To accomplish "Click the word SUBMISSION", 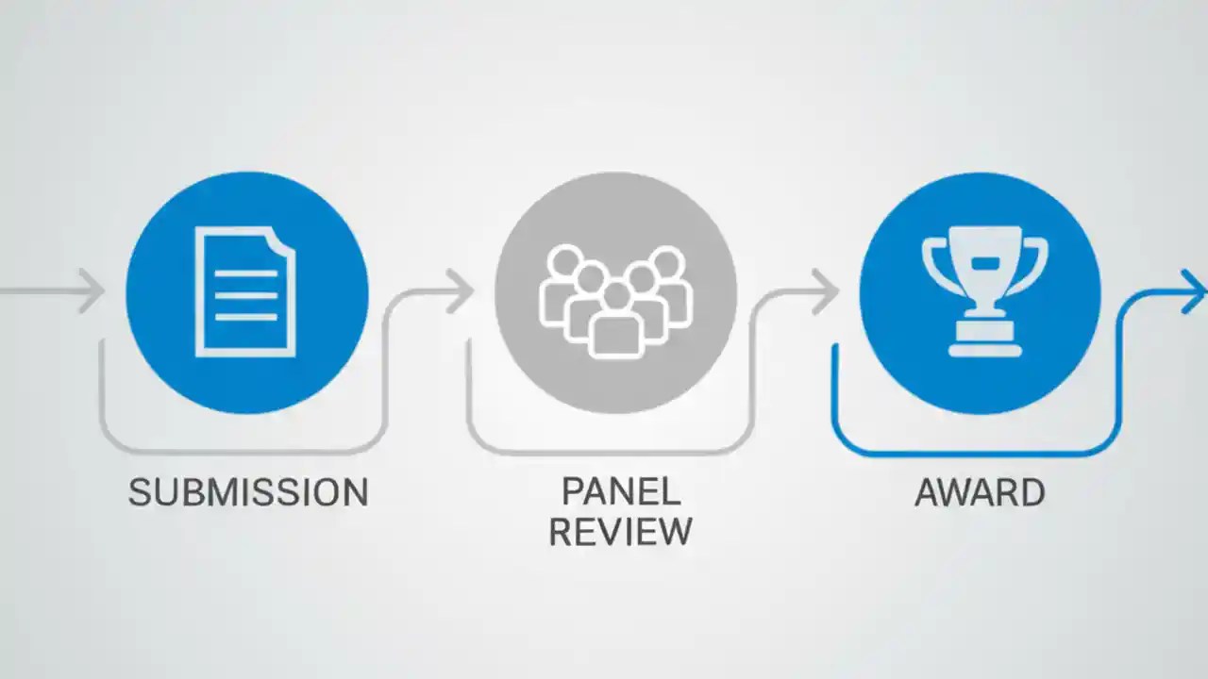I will coord(248,492).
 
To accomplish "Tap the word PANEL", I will coord(620,491).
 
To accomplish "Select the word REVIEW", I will coord(620,532).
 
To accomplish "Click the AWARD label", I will coord(980,492).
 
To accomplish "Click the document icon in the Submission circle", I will coord(245,291).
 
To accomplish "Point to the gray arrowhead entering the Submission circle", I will coord(92,291).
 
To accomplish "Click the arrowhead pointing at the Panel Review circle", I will coord(461,291).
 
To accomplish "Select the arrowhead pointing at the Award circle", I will coord(826,291).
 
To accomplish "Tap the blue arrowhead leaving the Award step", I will coord(1194,291).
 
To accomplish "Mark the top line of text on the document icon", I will coord(245,273).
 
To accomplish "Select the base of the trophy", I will coord(984,344).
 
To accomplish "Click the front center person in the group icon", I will coord(615,325).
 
